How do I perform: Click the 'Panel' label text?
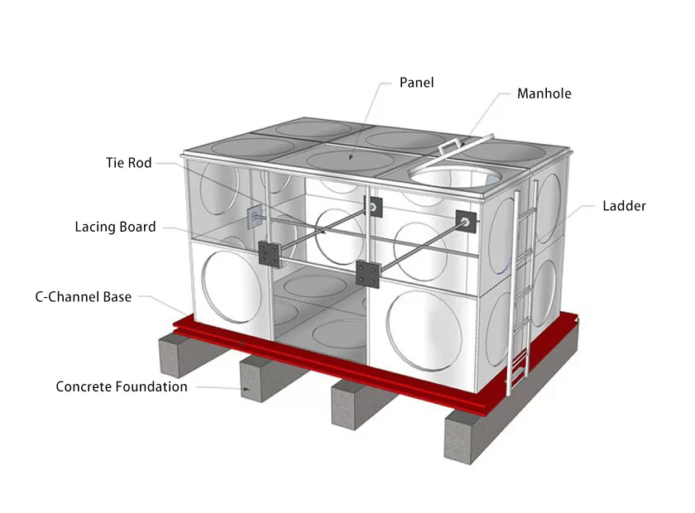[x=416, y=83]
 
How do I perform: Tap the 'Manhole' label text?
[x=544, y=93]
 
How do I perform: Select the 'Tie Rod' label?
[x=128, y=163]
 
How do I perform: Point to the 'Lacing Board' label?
[x=115, y=227]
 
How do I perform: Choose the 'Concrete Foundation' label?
[x=121, y=386]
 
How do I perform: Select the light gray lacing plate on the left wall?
[x=253, y=217]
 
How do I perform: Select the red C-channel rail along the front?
[x=331, y=364]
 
